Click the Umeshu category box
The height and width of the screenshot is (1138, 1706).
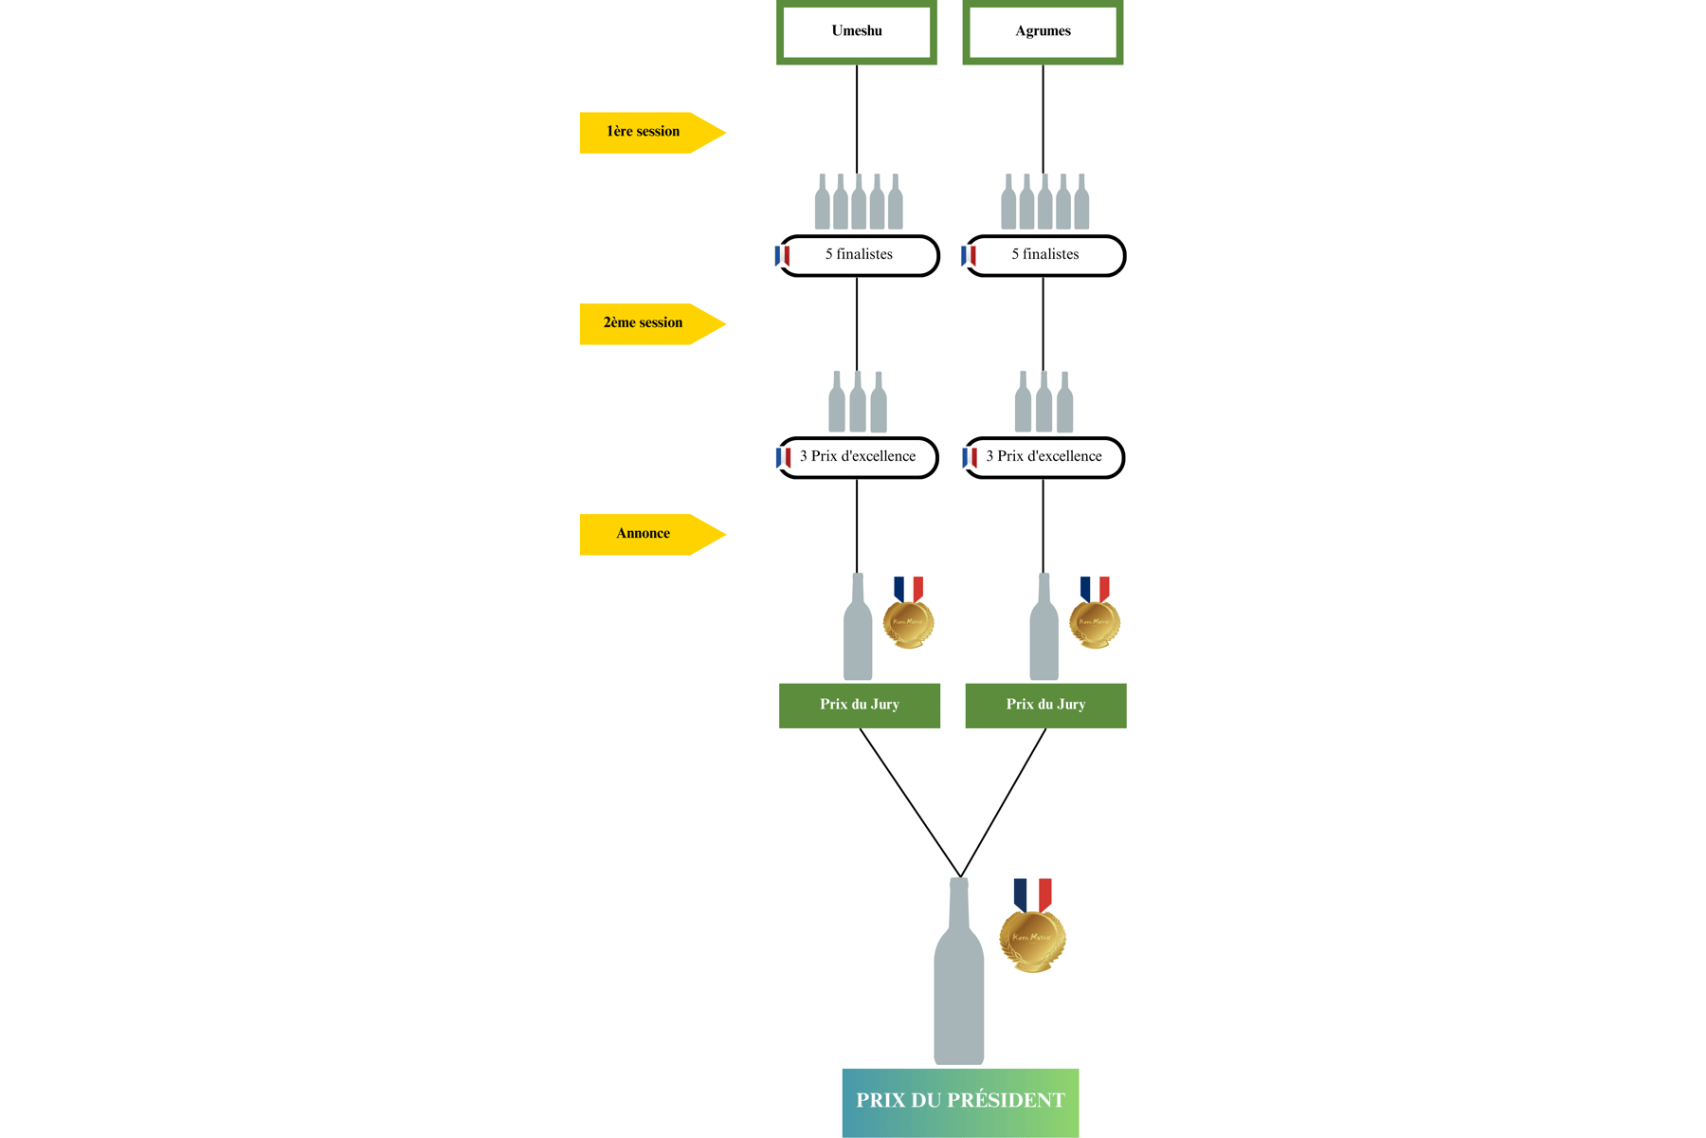point(857,31)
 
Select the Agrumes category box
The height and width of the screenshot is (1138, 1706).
point(1043,31)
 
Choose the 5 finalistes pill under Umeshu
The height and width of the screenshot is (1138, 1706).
point(860,255)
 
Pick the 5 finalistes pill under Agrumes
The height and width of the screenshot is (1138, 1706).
point(1045,255)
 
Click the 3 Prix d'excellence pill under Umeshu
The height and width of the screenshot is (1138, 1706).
point(859,457)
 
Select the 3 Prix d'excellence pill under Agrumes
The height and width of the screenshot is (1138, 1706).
point(1044,457)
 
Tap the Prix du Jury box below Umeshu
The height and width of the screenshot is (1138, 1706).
point(860,705)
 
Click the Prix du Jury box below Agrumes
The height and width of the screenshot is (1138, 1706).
point(1045,705)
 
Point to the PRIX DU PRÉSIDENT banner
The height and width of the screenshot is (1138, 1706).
point(960,1101)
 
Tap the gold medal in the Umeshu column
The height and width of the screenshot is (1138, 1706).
point(908,621)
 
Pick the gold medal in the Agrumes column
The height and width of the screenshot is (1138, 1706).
point(1095,621)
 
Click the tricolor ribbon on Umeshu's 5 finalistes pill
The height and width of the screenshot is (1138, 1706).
point(782,256)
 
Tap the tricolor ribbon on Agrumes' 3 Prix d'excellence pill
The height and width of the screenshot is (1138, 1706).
point(970,458)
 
